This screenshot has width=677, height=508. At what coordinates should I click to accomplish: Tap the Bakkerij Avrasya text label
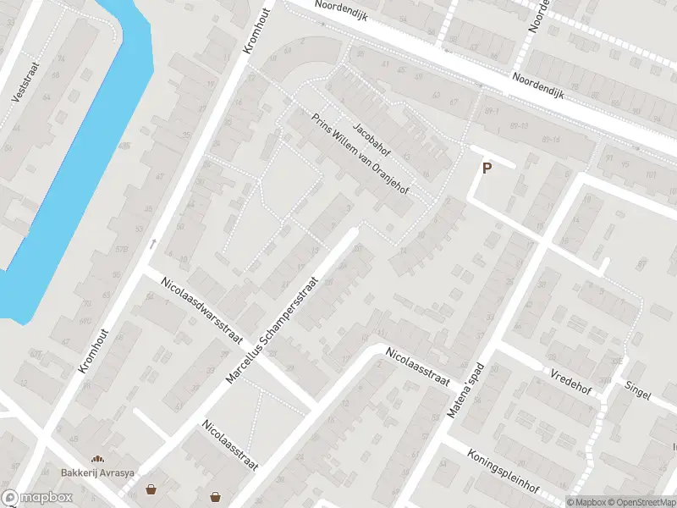click(x=97, y=472)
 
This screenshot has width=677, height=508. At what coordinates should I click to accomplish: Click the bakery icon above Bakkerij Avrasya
click(x=97, y=459)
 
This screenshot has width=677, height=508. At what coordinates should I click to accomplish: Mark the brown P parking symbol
click(x=487, y=168)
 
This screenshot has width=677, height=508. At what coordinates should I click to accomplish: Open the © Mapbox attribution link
click(x=587, y=501)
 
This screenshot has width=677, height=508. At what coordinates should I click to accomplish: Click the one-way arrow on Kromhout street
click(x=153, y=244)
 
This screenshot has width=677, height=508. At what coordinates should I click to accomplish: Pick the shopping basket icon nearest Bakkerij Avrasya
click(x=151, y=489)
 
